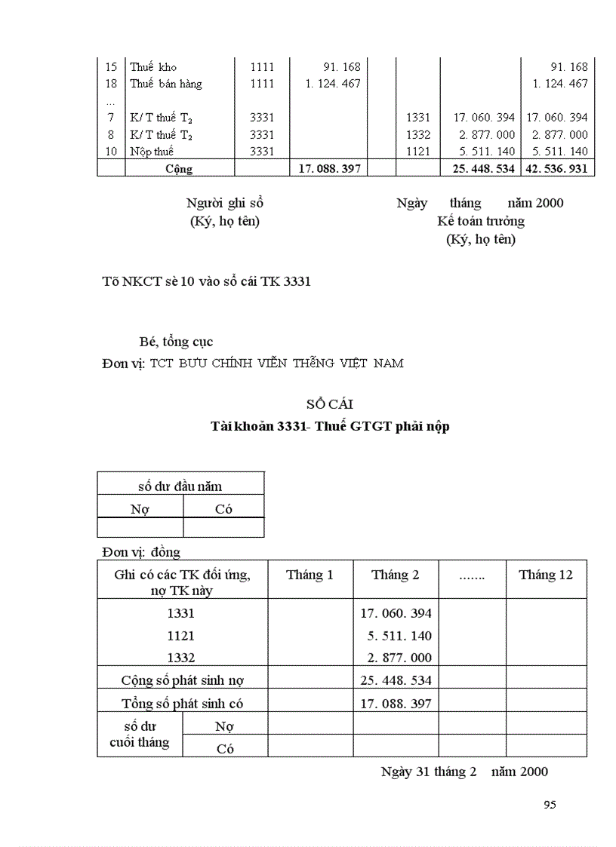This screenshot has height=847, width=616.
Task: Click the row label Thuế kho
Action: coord(153,67)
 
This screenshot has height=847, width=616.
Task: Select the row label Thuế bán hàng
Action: coord(165,84)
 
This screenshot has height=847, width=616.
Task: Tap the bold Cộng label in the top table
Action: coord(179,168)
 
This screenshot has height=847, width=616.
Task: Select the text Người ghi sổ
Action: coord(225,203)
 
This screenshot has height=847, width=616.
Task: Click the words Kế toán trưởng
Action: coord(481,221)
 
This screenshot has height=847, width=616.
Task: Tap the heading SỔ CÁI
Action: coord(330,404)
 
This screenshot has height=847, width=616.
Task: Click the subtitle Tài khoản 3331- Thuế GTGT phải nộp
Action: coord(330,426)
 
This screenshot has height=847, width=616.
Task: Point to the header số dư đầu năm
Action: coord(180,486)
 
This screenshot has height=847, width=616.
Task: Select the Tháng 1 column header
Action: coord(310,575)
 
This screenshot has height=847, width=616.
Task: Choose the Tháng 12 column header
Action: coord(545,575)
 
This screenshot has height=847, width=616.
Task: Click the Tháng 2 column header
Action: coord(395,575)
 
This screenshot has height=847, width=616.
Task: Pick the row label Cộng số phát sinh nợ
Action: coord(183,680)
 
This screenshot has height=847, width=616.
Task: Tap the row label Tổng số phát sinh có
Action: coord(183,704)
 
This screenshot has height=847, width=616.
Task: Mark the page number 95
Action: coord(550,805)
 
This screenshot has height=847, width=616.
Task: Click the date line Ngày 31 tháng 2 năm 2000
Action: coord(464,771)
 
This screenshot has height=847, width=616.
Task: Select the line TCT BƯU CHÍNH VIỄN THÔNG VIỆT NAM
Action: coord(276,363)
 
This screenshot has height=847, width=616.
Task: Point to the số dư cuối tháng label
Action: coord(140,734)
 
